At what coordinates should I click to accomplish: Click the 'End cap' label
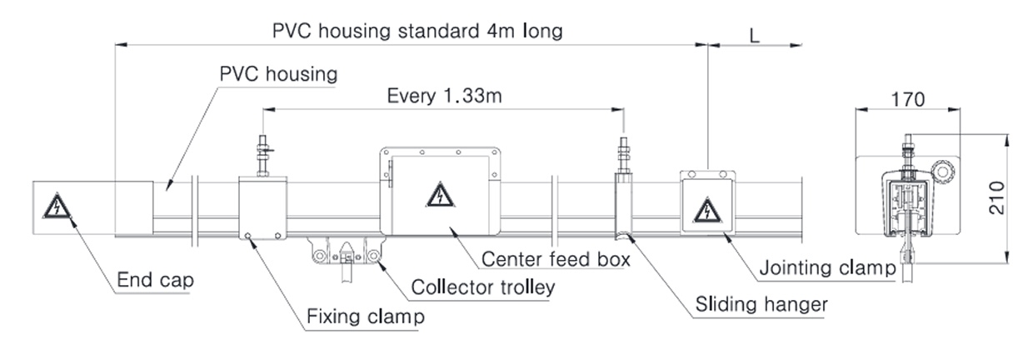pos(155,280)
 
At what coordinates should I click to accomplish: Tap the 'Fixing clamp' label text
pos(366,317)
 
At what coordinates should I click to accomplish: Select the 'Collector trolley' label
pos(483,287)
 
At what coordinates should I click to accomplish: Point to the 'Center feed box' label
pos(556,259)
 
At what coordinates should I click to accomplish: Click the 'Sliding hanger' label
pos(761,304)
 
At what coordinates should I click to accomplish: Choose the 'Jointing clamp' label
pos(827,267)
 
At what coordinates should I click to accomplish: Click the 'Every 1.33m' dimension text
pos(444,96)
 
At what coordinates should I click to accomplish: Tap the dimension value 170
pos(908,99)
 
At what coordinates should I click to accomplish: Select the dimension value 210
pos(996,197)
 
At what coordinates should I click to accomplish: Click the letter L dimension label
pos(755,35)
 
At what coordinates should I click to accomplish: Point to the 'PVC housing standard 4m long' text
pos(417,31)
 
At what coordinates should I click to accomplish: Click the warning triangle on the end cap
pos(57,206)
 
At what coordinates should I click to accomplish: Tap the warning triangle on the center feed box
pos(440,195)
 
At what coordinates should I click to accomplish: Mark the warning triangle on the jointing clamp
pos(707,211)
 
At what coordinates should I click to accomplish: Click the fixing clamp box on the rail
pos(263,208)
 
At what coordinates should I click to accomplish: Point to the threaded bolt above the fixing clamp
pos(263,156)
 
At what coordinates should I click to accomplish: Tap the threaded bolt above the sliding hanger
pos(623,155)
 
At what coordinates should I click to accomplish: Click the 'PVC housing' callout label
pos(278,74)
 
